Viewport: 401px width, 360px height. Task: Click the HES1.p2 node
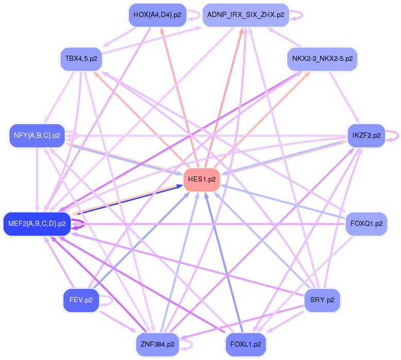coord(202,179)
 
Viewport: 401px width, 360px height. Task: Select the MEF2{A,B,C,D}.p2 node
coord(37,224)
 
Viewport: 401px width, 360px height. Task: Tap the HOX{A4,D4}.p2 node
coord(158,15)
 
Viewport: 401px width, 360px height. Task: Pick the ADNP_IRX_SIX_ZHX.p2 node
coord(245,15)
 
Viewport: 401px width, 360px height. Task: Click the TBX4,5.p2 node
coord(81,59)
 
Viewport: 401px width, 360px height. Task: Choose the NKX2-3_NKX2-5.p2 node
coord(322,59)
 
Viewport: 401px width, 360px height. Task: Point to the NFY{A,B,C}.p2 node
coord(37,136)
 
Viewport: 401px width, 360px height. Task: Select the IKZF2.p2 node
coord(366,136)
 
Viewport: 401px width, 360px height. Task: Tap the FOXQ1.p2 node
coord(366,224)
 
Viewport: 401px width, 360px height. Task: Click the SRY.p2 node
coord(322,300)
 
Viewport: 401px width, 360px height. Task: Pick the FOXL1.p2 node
coord(245,345)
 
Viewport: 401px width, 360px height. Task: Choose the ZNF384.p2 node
coord(158,345)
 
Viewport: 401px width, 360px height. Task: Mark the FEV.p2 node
coord(81,300)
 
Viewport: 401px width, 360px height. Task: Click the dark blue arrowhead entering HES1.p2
coord(180,186)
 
